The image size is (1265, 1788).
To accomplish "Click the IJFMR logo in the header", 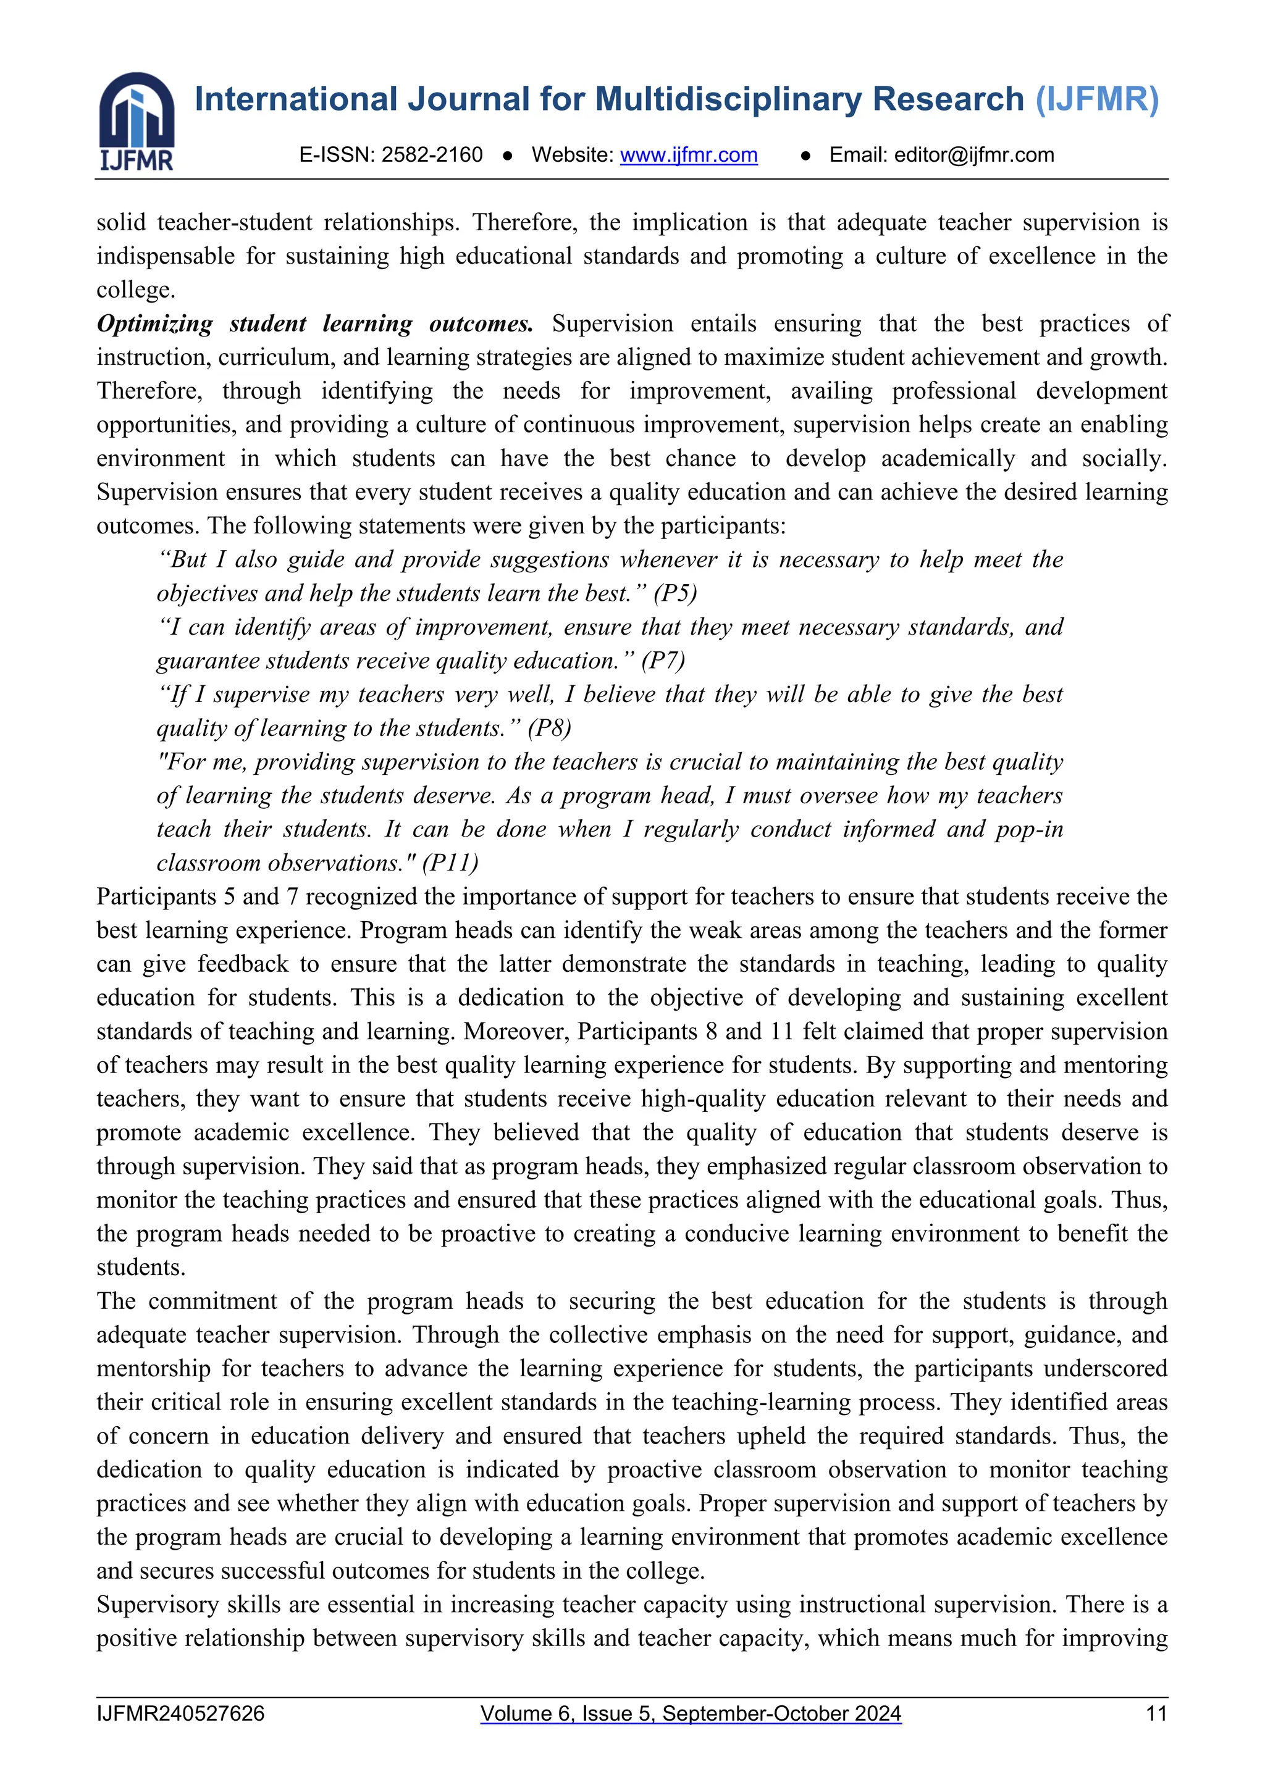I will (x=137, y=122).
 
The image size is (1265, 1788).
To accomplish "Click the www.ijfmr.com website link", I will (x=689, y=155).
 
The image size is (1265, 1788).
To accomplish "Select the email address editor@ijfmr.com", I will (x=973, y=155).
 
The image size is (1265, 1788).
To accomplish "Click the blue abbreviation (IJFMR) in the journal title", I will (x=1096, y=99).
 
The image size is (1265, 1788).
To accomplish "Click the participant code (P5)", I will (x=675, y=593).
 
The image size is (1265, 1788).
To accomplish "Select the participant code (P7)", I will (x=663, y=661).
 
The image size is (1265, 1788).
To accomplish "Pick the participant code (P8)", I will (x=549, y=728).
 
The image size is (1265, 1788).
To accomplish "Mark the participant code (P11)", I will (x=450, y=863).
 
